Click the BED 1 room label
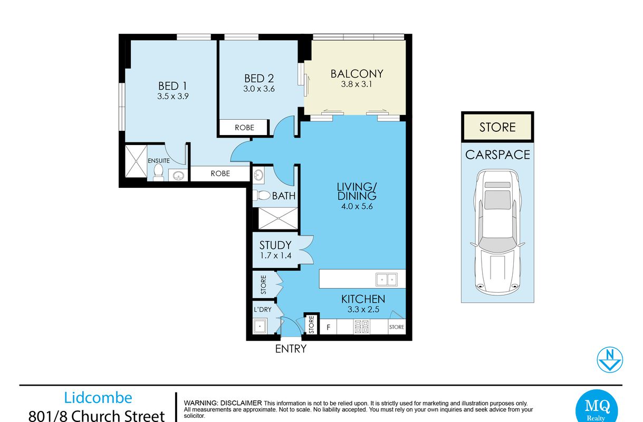click(x=172, y=86)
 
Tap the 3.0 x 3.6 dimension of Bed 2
click(x=259, y=89)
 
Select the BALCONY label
click(x=357, y=74)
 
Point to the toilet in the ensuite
click(x=158, y=172)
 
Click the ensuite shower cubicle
click(x=136, y=161)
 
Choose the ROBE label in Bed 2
click(x=244, y=128)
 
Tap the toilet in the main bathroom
click(x=262, y=196)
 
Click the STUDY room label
click(x=275, y=245)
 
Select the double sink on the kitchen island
click(x=387, y=280)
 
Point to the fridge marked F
click(x=329, y=327)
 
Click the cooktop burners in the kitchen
click(x=362, y=327)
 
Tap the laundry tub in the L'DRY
click(x=260, y=326)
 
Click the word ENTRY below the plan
click(x=291, y=349)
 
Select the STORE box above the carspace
click(x=497, y=127)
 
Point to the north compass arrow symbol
click(x=610, y=360)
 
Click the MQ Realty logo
click(x=597, y=406)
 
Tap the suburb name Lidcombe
click(x=98, y=398)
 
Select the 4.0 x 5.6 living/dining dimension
click(x=357, y=206)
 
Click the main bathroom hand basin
click(x=259, y=174)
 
